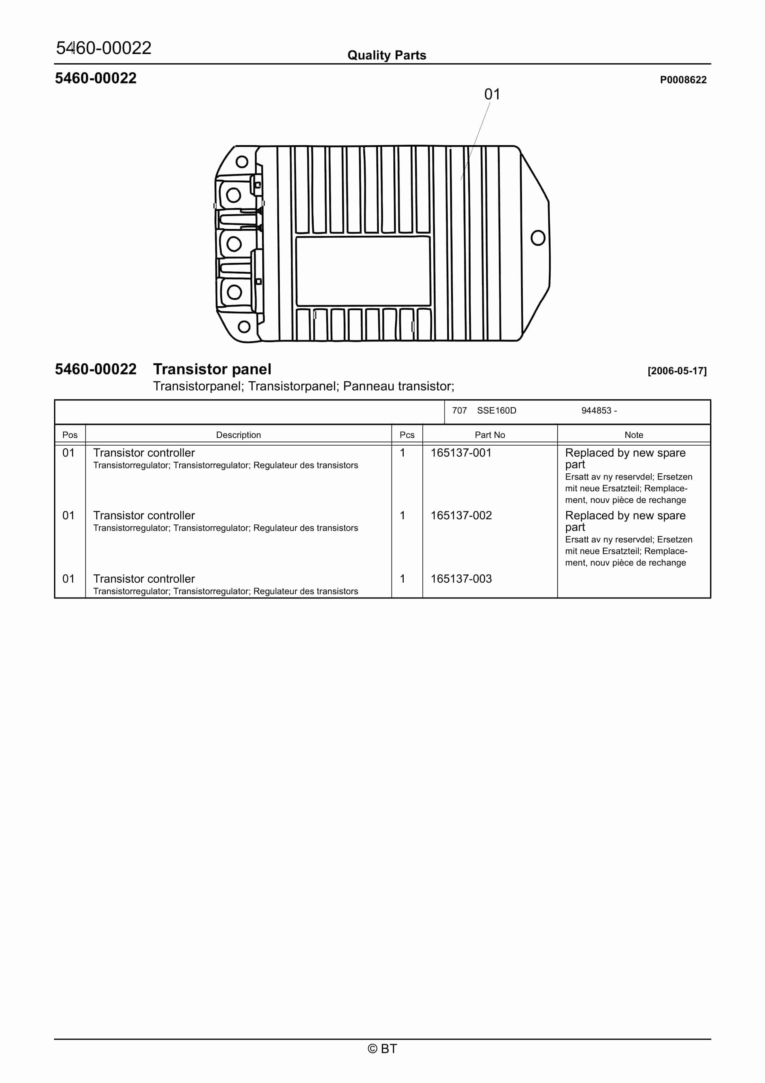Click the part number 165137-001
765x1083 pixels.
pyautogui.click(x=461, y=453)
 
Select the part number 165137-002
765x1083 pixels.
pyautogui.click(x=461, y=515)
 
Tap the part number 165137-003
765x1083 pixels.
pyautogui.click(x=461, y=579)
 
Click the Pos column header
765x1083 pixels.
pyautogui.click(x=70, y=435)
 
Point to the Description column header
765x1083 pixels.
pyautogui.click(x=238, y=435)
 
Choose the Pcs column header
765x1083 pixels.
pyautogui.click(x=407, y=435)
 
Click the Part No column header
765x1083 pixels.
pyautogui.click(x=490, y=435)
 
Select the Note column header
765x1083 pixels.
pyautogui.click(x=634, y=435)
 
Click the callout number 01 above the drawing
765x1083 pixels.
pyautogui.click(x=492, y=94)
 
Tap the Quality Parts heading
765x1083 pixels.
pyautogui.click(x=387, y=55)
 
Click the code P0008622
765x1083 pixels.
pyautogui.click(x=683, y=80)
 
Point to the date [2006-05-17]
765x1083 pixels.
pyautogui.click(x=677, y=371)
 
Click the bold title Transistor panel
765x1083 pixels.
pyautogui.click(x=212, y=369)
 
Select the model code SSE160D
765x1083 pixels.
pyautogui.click(x=496, y=410)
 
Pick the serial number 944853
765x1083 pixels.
pyautogui.click(x=596, y=410)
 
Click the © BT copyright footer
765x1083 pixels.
pyautogui.click(x=382, y=1049)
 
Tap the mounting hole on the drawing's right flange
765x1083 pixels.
pyautogui.click(x=538, y=238)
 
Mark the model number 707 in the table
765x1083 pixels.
pyautogui.click(x=459, y=410)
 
